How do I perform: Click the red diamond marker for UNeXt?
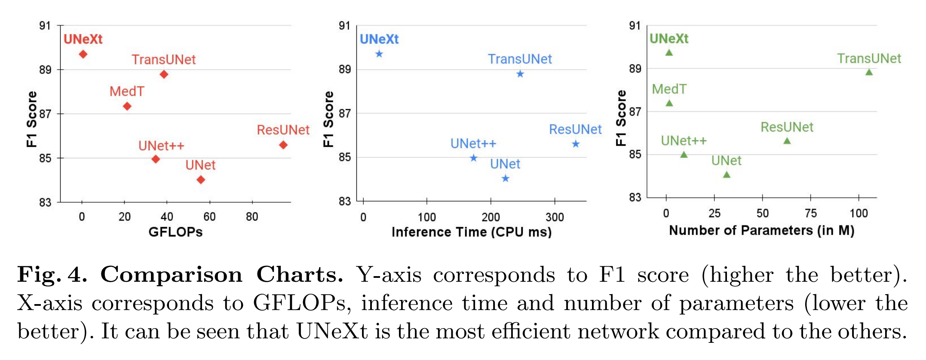point(83,54)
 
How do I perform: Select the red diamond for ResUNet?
point(283,145)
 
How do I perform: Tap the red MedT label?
point(127,91)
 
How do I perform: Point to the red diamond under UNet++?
point(156,159)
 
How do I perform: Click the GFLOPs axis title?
point(175,232)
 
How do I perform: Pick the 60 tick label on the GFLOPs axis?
point(209,216)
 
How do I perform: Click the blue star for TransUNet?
point(520,74)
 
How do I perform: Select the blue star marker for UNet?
point(506,178)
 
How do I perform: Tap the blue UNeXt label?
point(379,39)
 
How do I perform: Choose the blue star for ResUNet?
point(576,144)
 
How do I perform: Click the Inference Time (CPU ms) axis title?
point(471,232)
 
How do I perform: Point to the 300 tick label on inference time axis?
point(555,217)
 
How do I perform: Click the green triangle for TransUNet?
point(869,72)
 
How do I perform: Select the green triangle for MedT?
point(669,103)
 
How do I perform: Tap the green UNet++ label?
point(684,141)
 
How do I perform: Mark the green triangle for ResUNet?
point(787,141)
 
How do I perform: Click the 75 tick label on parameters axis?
point(810,213)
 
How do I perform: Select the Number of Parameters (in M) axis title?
point(761,230)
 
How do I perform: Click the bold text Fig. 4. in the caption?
point(52,274)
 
